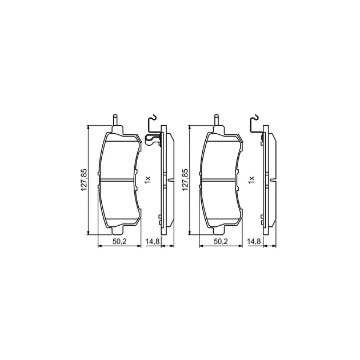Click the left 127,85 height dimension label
(x=84, y=180)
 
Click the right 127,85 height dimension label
(x=185, y=180)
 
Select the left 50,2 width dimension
(x=119, y=241)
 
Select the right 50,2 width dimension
(x=221, y=241)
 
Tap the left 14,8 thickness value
(x=153, y=241)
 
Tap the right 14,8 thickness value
(x=254, y=241)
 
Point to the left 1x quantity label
(x=147, y=179)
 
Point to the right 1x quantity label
(x=251, y=179)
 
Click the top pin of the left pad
(x=115, y=120)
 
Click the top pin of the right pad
(x=217, y=120)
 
